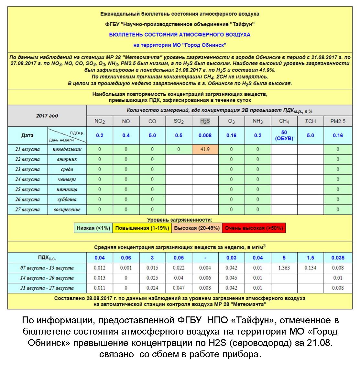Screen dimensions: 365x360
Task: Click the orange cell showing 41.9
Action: [205, 149]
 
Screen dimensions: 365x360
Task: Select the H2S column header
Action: [205, 121]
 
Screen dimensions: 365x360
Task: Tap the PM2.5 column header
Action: [338, 121]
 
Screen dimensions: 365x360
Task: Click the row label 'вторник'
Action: [67, 159]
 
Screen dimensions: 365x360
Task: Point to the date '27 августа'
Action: [27, 210]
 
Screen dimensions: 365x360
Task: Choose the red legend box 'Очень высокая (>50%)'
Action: [254, 228]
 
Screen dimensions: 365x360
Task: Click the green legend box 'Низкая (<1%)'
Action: [93, 228]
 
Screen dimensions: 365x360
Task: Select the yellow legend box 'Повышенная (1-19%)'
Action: [142, 228]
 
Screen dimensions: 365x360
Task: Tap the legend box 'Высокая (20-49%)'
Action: [197, 228]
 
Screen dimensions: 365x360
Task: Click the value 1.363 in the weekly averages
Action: [284, 268]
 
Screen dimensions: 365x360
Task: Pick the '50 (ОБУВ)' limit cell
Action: [284, 135]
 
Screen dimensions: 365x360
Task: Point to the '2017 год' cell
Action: [47, 116]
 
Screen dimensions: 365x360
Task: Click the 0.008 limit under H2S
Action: [205, 135]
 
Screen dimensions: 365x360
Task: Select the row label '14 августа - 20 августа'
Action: [47, 278]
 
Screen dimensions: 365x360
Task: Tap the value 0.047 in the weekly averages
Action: [179, 288]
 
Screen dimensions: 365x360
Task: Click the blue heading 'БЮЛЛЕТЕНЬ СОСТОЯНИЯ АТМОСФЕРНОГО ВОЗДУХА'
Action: [180, 35]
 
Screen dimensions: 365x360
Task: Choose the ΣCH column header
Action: [310, 121]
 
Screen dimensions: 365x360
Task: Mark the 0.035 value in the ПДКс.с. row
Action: [338, 258]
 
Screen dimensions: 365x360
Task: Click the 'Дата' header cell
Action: [27, 135]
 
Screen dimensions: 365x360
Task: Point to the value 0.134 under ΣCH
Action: [310, 268]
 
